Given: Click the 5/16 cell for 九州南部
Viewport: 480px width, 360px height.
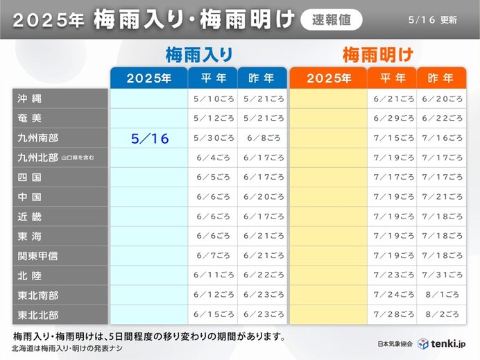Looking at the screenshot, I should [x=149, y=139].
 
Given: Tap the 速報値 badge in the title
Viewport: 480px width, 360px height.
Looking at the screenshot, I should [x=332, y=19].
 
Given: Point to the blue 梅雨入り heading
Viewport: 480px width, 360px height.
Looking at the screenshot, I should [x=198, y=55].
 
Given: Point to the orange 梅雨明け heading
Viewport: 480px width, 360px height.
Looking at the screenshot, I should [x=378, y=55].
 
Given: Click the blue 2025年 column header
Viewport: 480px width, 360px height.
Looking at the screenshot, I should [x=148, y=78].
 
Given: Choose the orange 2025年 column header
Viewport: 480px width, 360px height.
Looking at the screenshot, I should [x=328, y=78].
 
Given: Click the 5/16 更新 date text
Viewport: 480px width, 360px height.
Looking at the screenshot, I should [x=434, y=20].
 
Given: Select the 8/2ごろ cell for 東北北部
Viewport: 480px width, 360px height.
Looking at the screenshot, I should [x=440, y=314].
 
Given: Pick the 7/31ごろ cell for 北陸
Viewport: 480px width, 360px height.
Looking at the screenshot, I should [x=440, y=275].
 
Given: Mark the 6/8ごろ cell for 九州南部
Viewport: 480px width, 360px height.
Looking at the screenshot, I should [x=262, y=139].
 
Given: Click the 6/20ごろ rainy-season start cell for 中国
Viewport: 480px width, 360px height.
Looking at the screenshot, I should [x=262, y=197].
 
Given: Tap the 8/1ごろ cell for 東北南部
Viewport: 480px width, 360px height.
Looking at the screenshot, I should [x=440, y=295].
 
